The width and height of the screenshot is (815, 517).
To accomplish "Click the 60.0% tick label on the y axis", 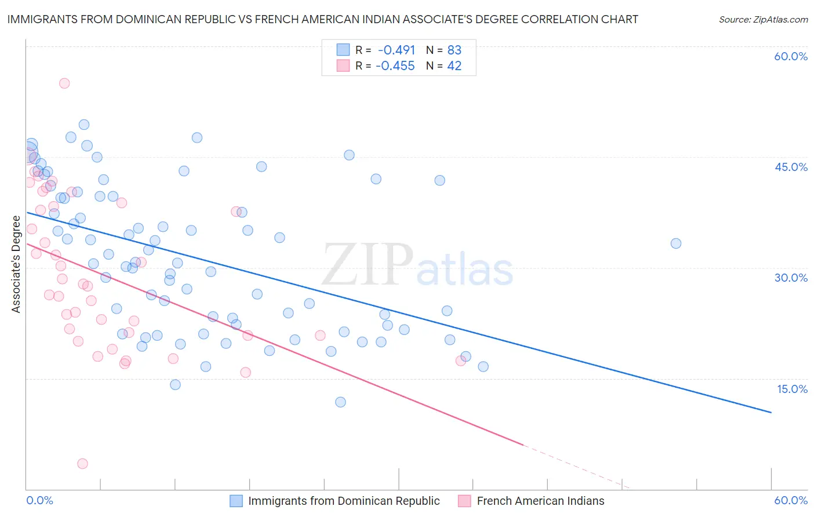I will point(791,56).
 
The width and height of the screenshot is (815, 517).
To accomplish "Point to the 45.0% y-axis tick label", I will point(791,167).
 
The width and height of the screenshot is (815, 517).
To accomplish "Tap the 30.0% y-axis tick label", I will point(791,278).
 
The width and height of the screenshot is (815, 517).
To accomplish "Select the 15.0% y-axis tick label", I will point(792,389).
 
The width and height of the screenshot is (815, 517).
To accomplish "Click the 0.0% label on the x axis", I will point(40,500).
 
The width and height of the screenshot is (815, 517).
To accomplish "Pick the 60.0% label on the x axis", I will point(791,500).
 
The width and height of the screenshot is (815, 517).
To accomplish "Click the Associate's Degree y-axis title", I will point(16,264).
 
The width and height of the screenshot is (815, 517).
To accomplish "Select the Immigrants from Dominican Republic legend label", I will point(344,501).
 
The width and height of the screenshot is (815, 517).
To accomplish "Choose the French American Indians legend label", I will point(540,501).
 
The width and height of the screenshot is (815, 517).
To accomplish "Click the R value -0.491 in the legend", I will point(396,50).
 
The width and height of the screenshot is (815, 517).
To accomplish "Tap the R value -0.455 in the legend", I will point(395,66).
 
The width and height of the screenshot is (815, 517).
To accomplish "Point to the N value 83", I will point(454,50).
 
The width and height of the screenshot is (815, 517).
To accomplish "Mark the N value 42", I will point(454,66).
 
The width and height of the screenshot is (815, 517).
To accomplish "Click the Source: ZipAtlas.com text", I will point(763,20).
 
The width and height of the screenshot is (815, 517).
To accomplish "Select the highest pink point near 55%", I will point(64,83).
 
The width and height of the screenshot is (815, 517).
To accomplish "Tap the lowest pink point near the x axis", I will point(82,464).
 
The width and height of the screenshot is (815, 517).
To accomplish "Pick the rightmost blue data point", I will point(676,243).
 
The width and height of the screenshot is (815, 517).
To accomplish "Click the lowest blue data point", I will point(341,402).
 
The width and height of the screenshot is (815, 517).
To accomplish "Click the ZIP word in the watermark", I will point(368,265).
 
